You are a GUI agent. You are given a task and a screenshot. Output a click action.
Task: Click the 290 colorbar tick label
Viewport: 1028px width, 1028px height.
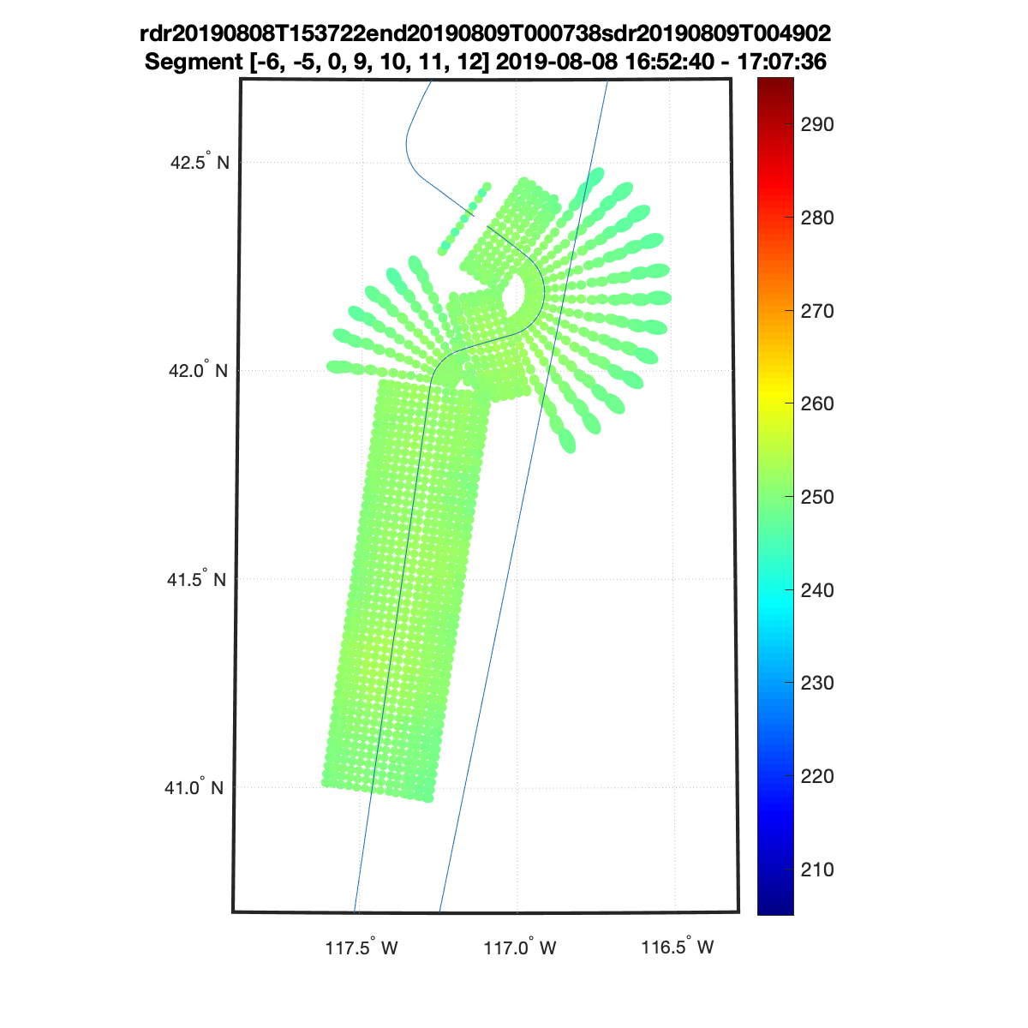(816, 124)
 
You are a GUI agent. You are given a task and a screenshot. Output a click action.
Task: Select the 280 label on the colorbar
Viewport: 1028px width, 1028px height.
(816, 218)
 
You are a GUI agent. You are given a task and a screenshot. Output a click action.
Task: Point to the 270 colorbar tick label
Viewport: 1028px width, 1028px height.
(816, 311)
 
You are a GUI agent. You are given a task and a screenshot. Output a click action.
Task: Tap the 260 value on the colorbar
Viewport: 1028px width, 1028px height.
(816, 403)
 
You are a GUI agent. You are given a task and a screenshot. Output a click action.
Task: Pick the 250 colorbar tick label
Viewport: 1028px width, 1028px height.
(816, 497)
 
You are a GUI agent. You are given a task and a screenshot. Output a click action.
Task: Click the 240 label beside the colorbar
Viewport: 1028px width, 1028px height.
(816, 590)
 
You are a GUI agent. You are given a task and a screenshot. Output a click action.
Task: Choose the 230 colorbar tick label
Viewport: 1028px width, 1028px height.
(816, 683)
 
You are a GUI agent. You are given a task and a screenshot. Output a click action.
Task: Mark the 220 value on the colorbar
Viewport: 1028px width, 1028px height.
(816, 776)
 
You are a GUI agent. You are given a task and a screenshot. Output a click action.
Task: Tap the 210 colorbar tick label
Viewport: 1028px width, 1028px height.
(816, 870)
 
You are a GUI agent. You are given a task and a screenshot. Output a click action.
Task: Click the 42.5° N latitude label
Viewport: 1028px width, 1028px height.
(200, 161)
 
